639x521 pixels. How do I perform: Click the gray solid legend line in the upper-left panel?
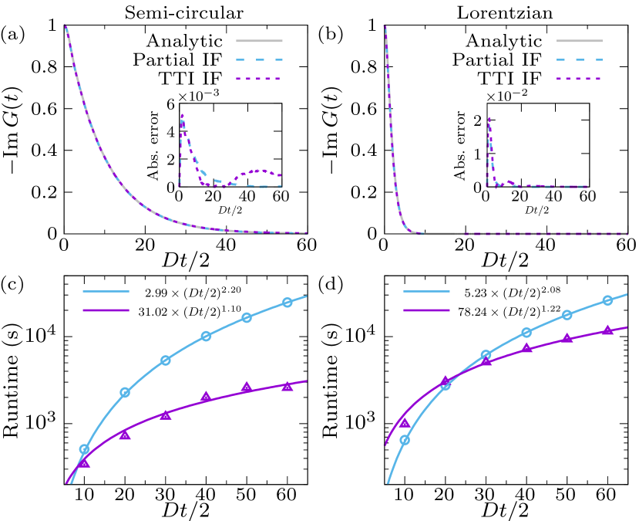coord(259,41)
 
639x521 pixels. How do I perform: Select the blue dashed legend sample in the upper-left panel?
coord(259,59)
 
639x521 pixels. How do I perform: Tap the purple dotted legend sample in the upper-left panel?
coord(259,79)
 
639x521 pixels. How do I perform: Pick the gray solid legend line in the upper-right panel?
coord(579,41)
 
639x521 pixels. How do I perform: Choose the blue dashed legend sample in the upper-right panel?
coord(579,59)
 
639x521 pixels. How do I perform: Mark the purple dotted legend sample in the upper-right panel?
coord(579,79)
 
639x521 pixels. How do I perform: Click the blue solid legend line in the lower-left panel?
coord(106,291)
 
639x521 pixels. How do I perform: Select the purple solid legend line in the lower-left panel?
coord(106,310)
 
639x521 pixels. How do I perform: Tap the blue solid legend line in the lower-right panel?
coord(426,291)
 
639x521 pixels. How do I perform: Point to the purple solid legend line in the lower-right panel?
coord(426,310)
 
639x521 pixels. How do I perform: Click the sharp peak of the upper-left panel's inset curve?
coord(182,116)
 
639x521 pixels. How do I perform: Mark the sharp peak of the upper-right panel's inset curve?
coord(489,118)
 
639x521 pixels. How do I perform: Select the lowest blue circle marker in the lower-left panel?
coord(84,449)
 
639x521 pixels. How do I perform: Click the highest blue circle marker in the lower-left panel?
coord(288,303)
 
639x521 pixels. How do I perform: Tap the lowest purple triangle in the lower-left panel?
coord(84,462)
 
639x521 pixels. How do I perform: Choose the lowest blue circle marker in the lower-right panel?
coord(405,440)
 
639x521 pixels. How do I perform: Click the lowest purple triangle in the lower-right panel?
coord(405,423)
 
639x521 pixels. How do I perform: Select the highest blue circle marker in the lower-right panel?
coord(607,300)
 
